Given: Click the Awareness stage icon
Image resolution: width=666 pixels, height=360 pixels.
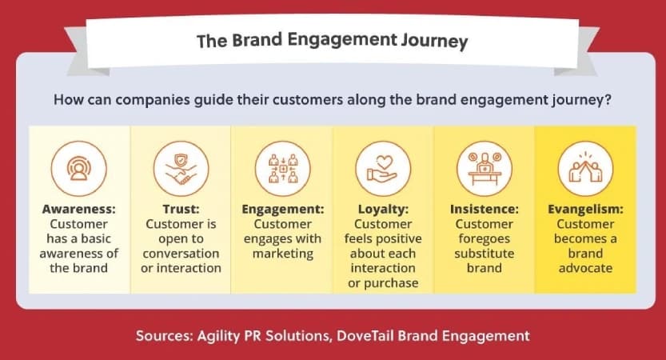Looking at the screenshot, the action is click(x=78, y=169).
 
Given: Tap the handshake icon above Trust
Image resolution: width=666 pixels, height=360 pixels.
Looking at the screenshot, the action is click(x=181, y=169).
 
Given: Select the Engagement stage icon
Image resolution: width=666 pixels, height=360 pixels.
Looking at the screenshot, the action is click(x=282, y=169).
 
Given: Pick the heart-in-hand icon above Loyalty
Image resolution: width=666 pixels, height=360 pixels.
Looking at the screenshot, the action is click(x=383, y=169).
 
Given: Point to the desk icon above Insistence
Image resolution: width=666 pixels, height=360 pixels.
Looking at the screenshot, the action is click(x=485, y=169).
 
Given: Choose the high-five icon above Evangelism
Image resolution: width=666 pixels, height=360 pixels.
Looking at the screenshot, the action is click(x=585, y=169).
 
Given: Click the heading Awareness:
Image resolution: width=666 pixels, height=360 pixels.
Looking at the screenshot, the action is click(x=78, y=209).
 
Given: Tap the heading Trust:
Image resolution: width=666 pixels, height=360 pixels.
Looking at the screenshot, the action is click(x=181, y=209).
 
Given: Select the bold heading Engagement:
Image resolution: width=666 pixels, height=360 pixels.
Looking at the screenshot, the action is click(x=283, y=210).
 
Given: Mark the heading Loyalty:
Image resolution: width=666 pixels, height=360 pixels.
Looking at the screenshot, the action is click(x=383, y=210).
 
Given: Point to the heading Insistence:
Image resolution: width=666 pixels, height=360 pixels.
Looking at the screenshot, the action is click(x=485, y=209).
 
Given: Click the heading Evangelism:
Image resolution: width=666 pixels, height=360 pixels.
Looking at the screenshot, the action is click(x=585, y=210).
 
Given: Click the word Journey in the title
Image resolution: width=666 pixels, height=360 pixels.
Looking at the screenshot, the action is click(x=434, y=42).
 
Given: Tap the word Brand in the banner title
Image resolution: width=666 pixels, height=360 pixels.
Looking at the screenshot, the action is click(x=257, y=40).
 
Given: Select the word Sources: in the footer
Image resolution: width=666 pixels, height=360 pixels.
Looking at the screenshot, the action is click(x=164, y=336).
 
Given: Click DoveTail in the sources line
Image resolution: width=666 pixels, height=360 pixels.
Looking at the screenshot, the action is click(x=365, y=336).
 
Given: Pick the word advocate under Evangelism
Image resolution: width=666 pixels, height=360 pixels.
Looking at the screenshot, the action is click(x=585, y=268).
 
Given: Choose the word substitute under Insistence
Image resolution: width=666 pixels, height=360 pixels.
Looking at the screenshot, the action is click(x=485, y=254).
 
